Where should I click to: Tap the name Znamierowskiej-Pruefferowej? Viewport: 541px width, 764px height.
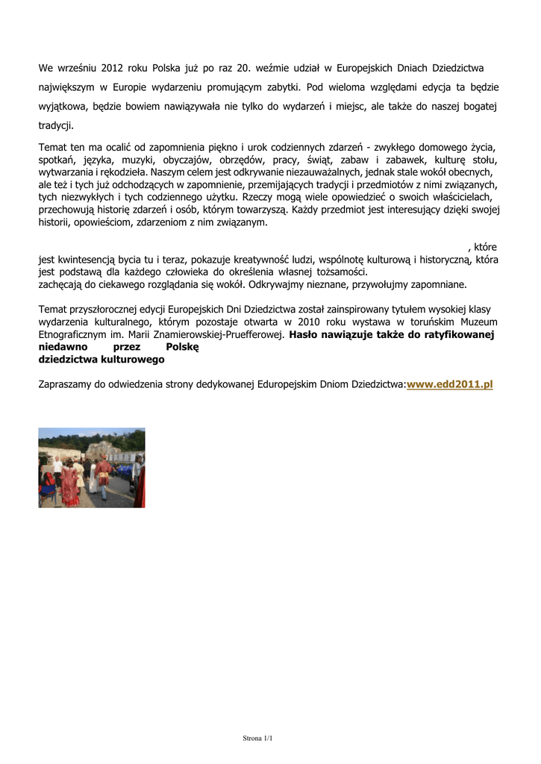pyautogui.click(x=216, y=334)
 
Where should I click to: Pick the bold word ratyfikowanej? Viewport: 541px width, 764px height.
pyautogui.click(x=460, y=334)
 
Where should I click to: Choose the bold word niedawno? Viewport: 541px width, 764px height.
pyautogui.click(x=63, y=347)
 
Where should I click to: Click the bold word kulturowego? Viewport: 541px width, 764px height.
pyautogui.click(x=131, y=359)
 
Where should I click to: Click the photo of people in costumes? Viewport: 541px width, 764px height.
pyautogui.click(x=92, y=468)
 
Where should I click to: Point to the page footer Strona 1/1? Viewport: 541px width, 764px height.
pyautogui.click(x=258, y=739)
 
